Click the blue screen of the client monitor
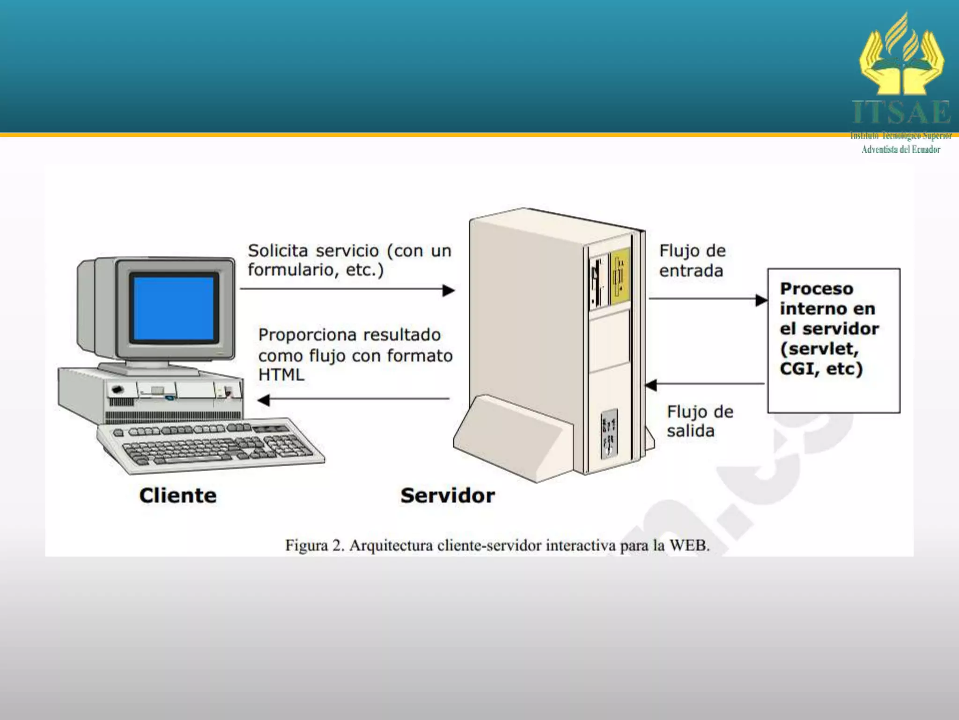(x=174, y=307)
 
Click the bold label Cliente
(x=178, y=495)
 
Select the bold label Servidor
(x=447, y=495)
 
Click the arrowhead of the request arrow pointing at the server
(x=449, y=290)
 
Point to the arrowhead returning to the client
(x=264, y=399)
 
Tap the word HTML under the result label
(x=281, y=375)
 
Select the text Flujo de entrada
(x=692, y=261)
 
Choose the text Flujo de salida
(x=700, y=421)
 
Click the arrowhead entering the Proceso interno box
(x=761, y=300)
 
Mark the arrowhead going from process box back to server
(x=651, y=385)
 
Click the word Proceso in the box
(x=816, y=289)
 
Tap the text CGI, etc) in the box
(x=821, y=369)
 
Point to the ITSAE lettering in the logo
(x=901, y=113)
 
